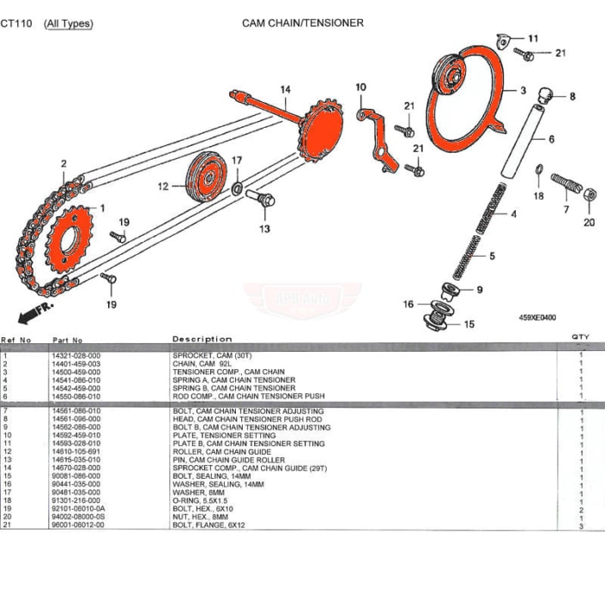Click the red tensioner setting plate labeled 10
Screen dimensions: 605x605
click(375, 142)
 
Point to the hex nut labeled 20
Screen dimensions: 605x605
click(590, 196)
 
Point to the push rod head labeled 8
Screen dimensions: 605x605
click(545, 93)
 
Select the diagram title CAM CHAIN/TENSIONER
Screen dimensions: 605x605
click(302, 23)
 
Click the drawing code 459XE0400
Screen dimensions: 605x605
click(536, 317)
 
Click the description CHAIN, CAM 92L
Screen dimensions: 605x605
click(206, 364)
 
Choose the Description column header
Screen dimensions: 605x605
click(202, 339)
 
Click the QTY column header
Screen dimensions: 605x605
click(580, 337)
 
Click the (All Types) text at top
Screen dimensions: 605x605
click(68, 23)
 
